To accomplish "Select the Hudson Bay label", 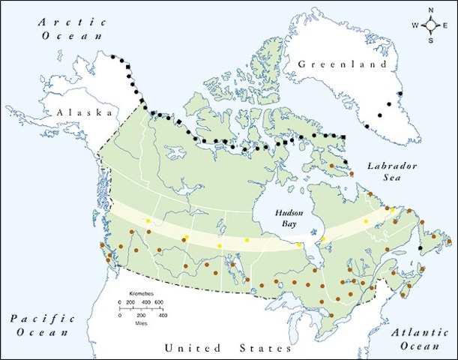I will pyautogui.click(x=287, y=217).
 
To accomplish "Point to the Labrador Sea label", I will pyautogui.click(x=388, y=172).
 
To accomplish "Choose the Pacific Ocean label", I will pyautogui.click(x=43, y=325).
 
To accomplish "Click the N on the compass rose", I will pyautogui.click(x=431, y=10).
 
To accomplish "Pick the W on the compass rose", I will pyautogui.click(x=415, y=25).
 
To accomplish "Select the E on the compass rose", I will pyautogui.click(x=447, y=25).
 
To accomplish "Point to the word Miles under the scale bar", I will pyautogui.click(x=141, y=322).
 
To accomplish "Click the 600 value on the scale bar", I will pyautogui.click(x=159, y=301).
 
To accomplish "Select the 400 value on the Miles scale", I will pyautogui.click(x=162, y=316).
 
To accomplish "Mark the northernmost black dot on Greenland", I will pyautogui.click(x=400, y=94).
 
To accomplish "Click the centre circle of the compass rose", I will pyautogui.click(x=431, y=25).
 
